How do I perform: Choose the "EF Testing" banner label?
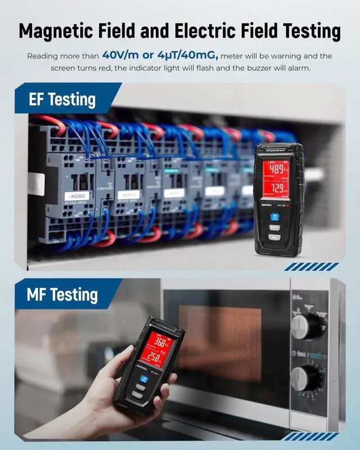click(62, 100)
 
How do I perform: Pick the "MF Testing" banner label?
click(62, 294)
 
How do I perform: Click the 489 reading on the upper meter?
click(279, 168)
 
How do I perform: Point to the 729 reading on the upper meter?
click(279, 188)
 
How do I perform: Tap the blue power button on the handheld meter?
click(143, 380)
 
